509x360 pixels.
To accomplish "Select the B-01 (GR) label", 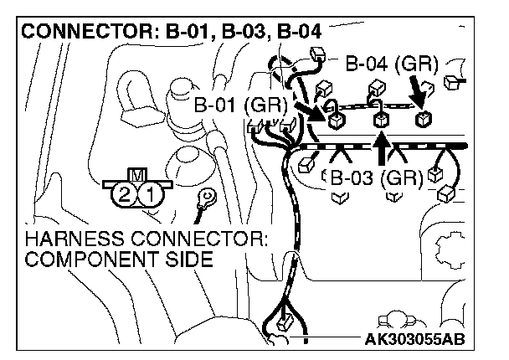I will [240, 106].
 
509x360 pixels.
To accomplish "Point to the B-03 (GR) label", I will [374, 177].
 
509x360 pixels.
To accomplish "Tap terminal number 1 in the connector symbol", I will [148, 196].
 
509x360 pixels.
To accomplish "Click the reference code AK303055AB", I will [414, 339].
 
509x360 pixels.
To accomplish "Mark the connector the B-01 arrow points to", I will [337, 121].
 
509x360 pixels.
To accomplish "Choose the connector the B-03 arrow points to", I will [381, 121].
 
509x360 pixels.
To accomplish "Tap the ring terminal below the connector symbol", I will [203, 199].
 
